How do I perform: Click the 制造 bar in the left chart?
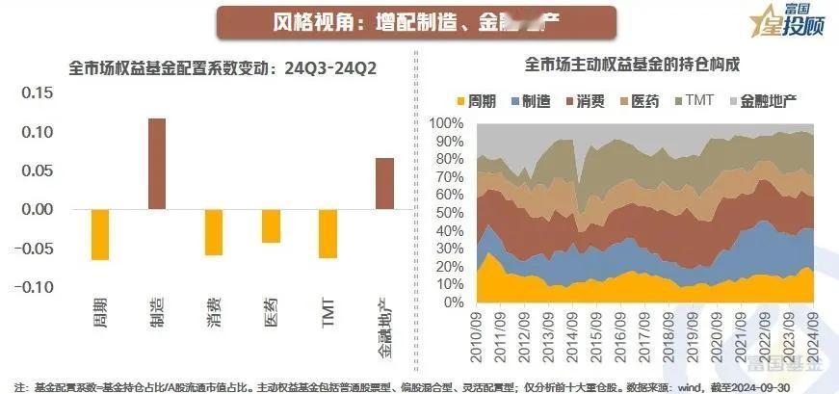pos(156,163)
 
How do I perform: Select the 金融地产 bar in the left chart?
pos(384,183)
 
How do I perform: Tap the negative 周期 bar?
pos(100,234)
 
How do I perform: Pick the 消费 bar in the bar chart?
pos(214,232)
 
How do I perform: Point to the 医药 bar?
pos(271,226)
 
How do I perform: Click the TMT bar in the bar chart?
pos(328,233)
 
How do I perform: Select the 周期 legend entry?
pos(479,100)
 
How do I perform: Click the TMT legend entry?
pos(693,100)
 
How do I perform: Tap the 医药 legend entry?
pos(639,100)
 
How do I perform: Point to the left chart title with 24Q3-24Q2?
pos(223,68)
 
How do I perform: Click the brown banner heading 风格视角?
pos(415,21)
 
